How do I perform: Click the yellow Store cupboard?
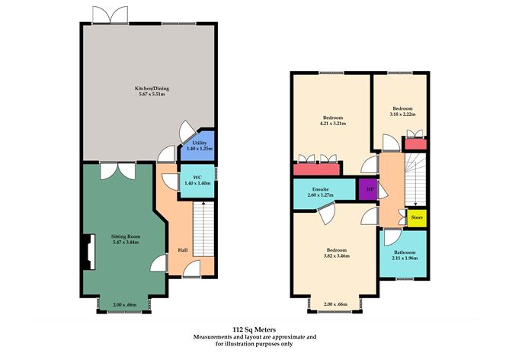[417, 218]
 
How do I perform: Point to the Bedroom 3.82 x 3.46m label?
[336, 253]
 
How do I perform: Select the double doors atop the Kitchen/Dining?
[101, 15]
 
